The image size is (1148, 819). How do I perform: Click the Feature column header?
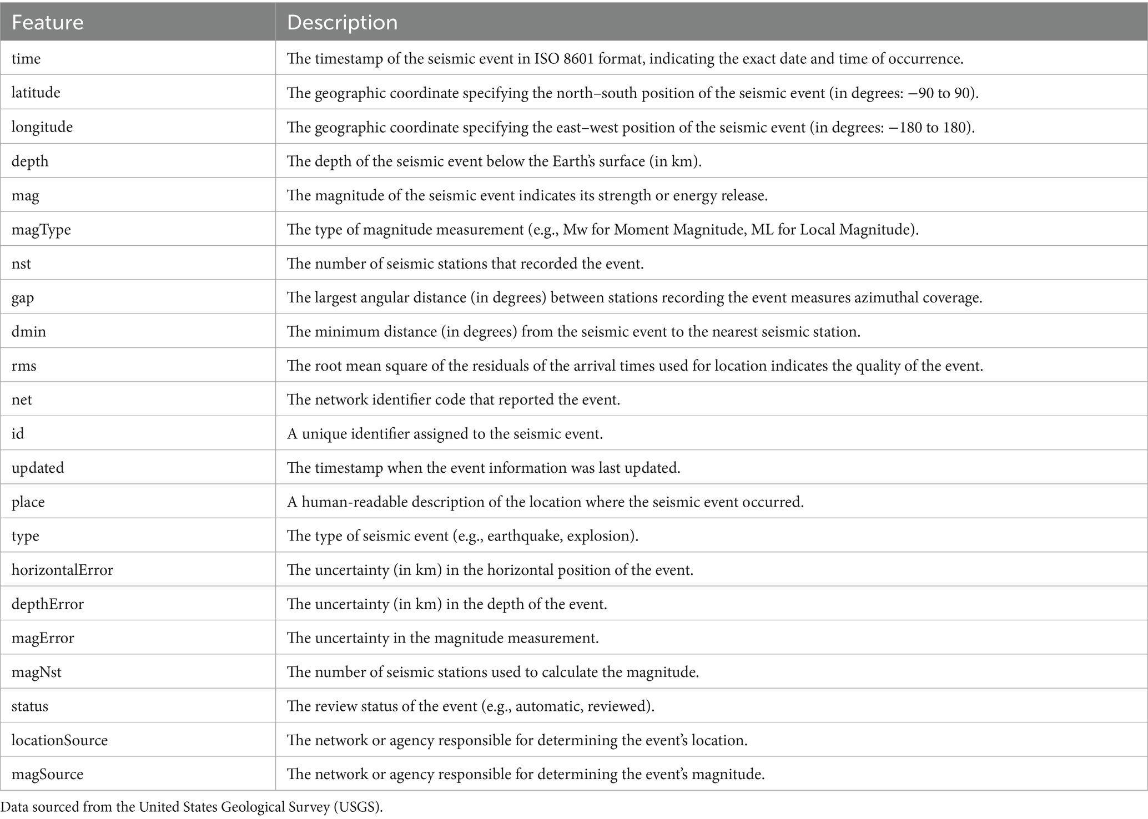[48, 23]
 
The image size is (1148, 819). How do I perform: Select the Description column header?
[342, 23]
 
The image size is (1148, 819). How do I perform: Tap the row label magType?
[41, 229]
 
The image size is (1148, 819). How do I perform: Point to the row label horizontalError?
[62, 570]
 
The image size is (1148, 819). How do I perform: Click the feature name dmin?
[29, 332]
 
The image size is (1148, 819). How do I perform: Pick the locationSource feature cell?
[59, 740]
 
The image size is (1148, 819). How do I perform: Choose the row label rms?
[24, 366]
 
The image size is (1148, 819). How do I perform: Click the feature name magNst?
[37, 672]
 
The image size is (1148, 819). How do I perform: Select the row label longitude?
[42, 127]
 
